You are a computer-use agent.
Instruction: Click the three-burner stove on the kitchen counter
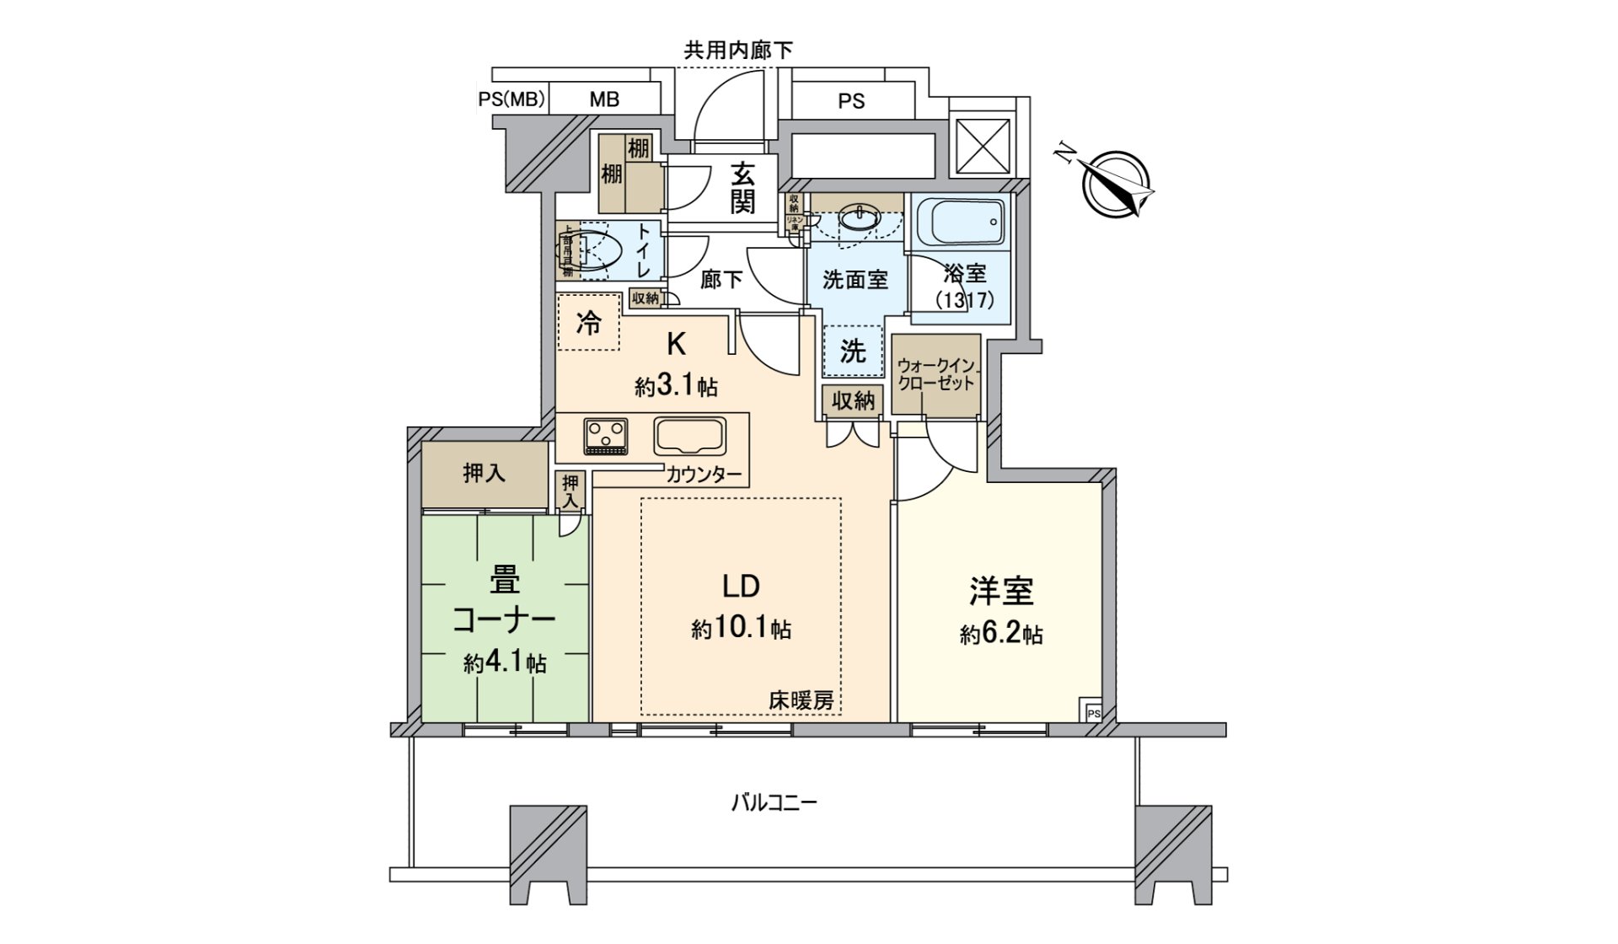605,437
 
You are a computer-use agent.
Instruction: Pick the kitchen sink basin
689,437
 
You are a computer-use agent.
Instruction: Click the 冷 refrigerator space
588,322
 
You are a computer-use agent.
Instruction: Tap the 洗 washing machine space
853,351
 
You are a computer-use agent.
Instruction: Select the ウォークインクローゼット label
935,374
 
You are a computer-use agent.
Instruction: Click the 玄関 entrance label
742,188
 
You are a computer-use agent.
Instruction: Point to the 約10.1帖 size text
741,629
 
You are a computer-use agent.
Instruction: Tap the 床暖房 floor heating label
801,700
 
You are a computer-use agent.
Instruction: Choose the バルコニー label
773,802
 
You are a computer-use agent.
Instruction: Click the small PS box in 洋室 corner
1093,712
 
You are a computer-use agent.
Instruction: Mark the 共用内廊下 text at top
737,51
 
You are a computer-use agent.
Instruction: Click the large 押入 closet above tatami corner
485,475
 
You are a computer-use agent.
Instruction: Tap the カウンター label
705,475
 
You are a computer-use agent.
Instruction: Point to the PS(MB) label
512,99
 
